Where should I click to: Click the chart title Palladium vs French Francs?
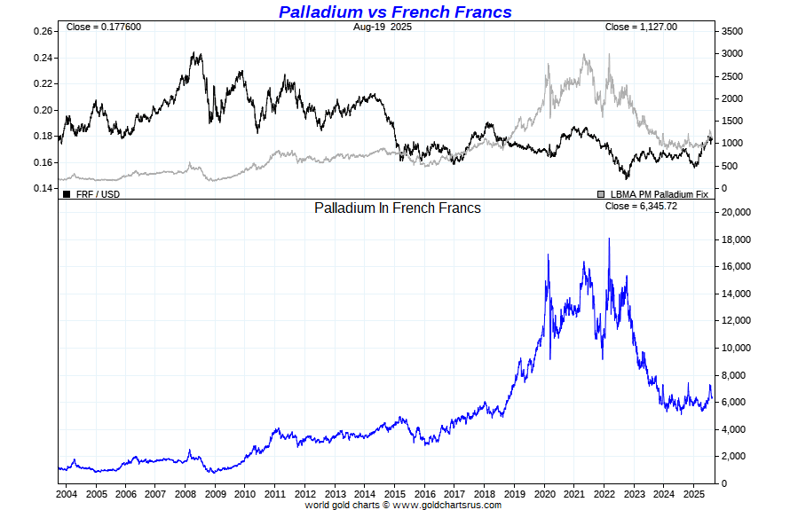[395, 12]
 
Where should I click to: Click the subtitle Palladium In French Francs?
[398, 208]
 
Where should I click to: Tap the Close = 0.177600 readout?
[103, 27]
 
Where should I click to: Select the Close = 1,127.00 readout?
[641, 27]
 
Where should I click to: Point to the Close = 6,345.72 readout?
[641, 207]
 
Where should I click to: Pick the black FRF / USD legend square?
[67, 193]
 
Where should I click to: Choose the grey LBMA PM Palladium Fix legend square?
[601, 193]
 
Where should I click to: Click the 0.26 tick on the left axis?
[43, 32]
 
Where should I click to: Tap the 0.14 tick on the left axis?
[43, 189]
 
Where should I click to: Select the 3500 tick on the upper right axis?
[731, 31]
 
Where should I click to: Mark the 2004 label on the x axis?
[66, 493]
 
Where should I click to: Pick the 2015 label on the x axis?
[395, 493]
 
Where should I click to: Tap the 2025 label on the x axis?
[694, 493]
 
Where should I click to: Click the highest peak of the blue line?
[609, 238]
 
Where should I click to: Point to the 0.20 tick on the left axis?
[43, 111]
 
